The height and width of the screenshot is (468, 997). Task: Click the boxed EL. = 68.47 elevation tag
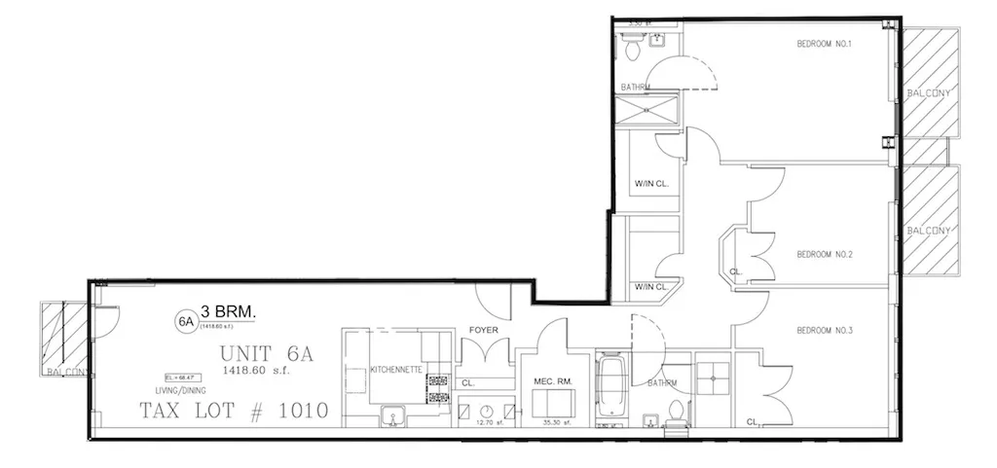point(177,376)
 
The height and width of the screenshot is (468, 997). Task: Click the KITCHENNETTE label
point(395,370)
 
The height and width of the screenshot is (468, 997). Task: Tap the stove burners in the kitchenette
point(437,386)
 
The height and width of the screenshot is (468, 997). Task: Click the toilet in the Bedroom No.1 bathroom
point(631,44)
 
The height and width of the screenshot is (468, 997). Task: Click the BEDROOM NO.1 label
point(825,43)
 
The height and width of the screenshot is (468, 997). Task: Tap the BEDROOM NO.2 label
point(825,255)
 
